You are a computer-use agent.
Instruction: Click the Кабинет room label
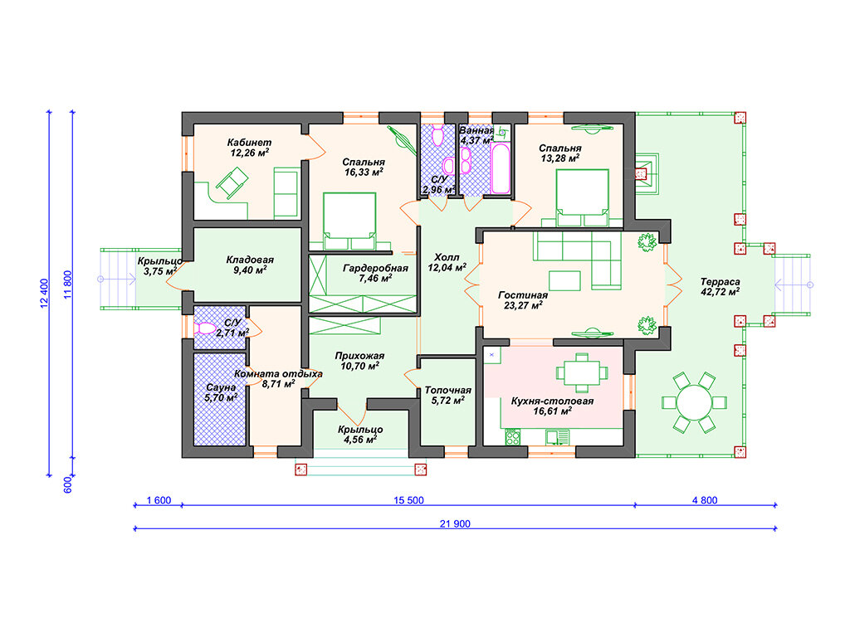point(249,143)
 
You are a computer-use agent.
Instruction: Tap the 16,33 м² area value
point(364,173)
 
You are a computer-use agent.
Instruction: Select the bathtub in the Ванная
point(501,168)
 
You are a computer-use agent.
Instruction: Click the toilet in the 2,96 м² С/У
point(438,135)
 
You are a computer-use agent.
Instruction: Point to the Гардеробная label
point(375,268)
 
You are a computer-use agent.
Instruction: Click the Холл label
point(447,257)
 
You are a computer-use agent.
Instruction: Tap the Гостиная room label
point(523,295)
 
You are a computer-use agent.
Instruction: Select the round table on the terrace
point(694,402)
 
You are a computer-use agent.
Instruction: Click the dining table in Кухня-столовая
point(582,372)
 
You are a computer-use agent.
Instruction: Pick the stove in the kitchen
point(513,437)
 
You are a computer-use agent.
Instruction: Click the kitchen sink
point(557,437)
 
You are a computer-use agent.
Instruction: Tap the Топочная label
point(447,390)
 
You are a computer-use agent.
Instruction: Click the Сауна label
point(221,387)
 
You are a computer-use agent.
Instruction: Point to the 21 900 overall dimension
point(455,524)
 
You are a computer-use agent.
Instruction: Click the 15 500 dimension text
point(408,500)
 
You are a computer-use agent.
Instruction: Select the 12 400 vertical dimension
point(45,294)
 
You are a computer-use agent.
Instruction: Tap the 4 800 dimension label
point(705,500)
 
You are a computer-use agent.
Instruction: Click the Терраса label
point(720,282)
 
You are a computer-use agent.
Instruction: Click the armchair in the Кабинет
point(232,182)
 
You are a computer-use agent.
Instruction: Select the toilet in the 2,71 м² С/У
point(204,328)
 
